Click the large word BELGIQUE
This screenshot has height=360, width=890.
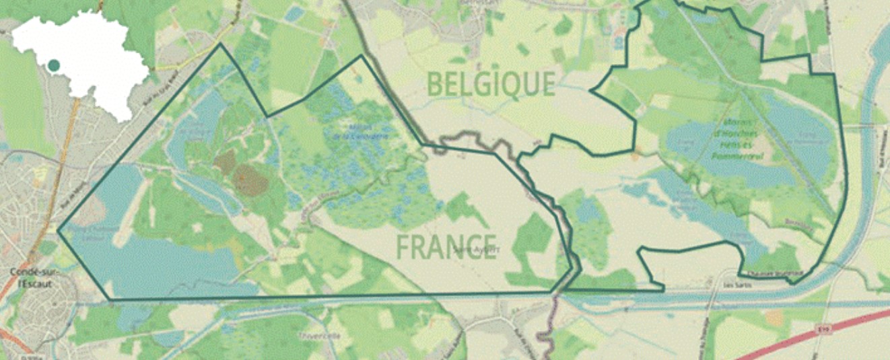(x=491, y=84)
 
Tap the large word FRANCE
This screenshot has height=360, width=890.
(x=446, y=247)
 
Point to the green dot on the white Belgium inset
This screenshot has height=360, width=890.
(x=53, y=65)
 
